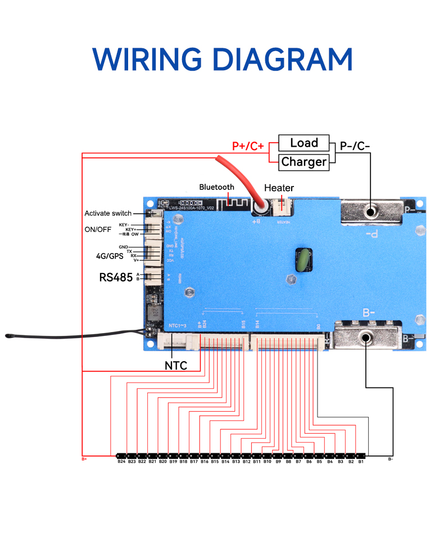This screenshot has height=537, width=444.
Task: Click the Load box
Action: click(304, 143)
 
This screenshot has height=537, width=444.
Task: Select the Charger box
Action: click(304, 162)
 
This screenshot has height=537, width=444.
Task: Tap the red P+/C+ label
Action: click(248, 147)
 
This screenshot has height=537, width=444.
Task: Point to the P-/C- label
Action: click(355, 147)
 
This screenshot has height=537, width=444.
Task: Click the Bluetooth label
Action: click(216, 187)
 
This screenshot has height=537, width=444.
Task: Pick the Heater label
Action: click(279, 188)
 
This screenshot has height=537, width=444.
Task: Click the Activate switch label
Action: click(108, 213)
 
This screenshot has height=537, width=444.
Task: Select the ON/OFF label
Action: click(98, 229)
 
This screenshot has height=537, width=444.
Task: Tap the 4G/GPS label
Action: click(110, 256)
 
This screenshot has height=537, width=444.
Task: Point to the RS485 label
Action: click(116, 277)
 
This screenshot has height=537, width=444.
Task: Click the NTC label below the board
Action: click(175, 365)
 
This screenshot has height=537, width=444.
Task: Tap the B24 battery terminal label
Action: click(121, 462)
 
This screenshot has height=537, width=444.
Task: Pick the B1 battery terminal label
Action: click(361, 462)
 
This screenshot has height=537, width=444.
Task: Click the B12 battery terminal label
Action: click(246, 462)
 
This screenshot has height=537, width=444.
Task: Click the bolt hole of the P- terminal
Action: click(370, 212)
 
